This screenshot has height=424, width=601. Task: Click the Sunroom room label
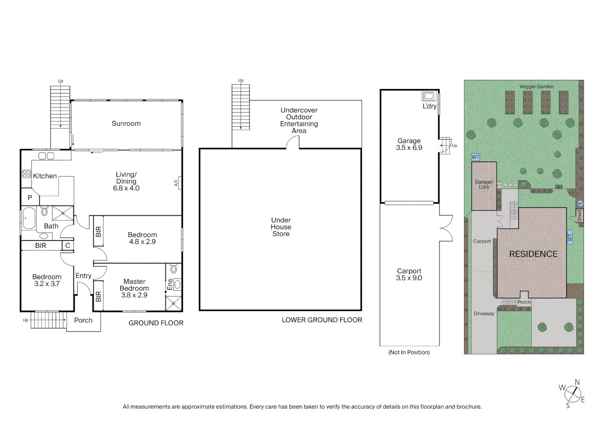coord(126,123)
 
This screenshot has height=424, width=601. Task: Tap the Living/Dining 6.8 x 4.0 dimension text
coord(126,188)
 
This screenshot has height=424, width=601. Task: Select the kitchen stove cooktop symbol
coord(26,174)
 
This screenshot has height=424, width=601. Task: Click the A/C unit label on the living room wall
coord(176,183)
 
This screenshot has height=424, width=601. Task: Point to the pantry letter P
coord(29,198)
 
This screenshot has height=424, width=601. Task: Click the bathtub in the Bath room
coord(29,219)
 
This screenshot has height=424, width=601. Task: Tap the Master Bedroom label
coord(134,285)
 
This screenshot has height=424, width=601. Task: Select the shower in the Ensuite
coord(173,303)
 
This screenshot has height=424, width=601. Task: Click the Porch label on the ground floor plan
coord(83,320)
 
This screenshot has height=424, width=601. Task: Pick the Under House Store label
coord(281,227)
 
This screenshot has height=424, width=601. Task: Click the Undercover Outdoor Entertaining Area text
coord(299,120)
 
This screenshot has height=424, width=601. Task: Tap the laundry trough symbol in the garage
coord(428,96)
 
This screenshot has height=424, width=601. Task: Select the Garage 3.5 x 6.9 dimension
coord(409,148)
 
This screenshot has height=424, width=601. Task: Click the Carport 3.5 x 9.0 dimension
coord(409,278)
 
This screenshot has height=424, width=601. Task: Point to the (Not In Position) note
coord(409,352)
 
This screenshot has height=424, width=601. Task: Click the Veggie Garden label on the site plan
coord(536,86)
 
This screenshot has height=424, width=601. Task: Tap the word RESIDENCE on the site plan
coord(533,254)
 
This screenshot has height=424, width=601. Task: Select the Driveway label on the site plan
coord(484,314)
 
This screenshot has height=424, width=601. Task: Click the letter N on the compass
coord(577,382)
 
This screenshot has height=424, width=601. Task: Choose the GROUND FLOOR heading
coord(156,323)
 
